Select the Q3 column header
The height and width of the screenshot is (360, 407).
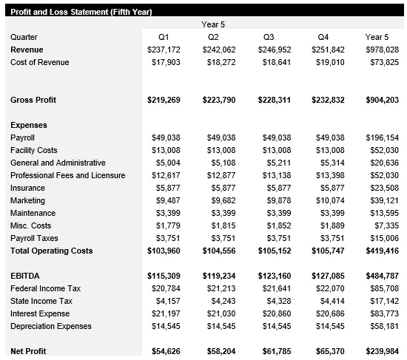pos(269,37)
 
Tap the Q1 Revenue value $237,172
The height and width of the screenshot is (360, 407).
pos(164,50)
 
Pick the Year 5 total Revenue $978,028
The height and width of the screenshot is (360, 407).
pos(382,50)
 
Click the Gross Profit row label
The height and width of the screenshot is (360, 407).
pos(34,100)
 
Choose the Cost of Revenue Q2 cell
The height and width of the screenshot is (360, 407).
pos(218,62)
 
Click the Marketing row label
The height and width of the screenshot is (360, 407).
pos(27,200)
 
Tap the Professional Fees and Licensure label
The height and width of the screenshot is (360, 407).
pos(67,175)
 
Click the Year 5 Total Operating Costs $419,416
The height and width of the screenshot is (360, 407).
pos(382,251)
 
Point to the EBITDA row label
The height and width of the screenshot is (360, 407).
pos(24,276)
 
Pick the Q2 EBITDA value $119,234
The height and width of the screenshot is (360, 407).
pos(218,276)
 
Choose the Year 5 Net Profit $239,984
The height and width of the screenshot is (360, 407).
pos(382,351)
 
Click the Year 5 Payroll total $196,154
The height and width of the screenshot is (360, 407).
pos(382,137)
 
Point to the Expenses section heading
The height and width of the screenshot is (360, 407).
pos(29,125)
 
